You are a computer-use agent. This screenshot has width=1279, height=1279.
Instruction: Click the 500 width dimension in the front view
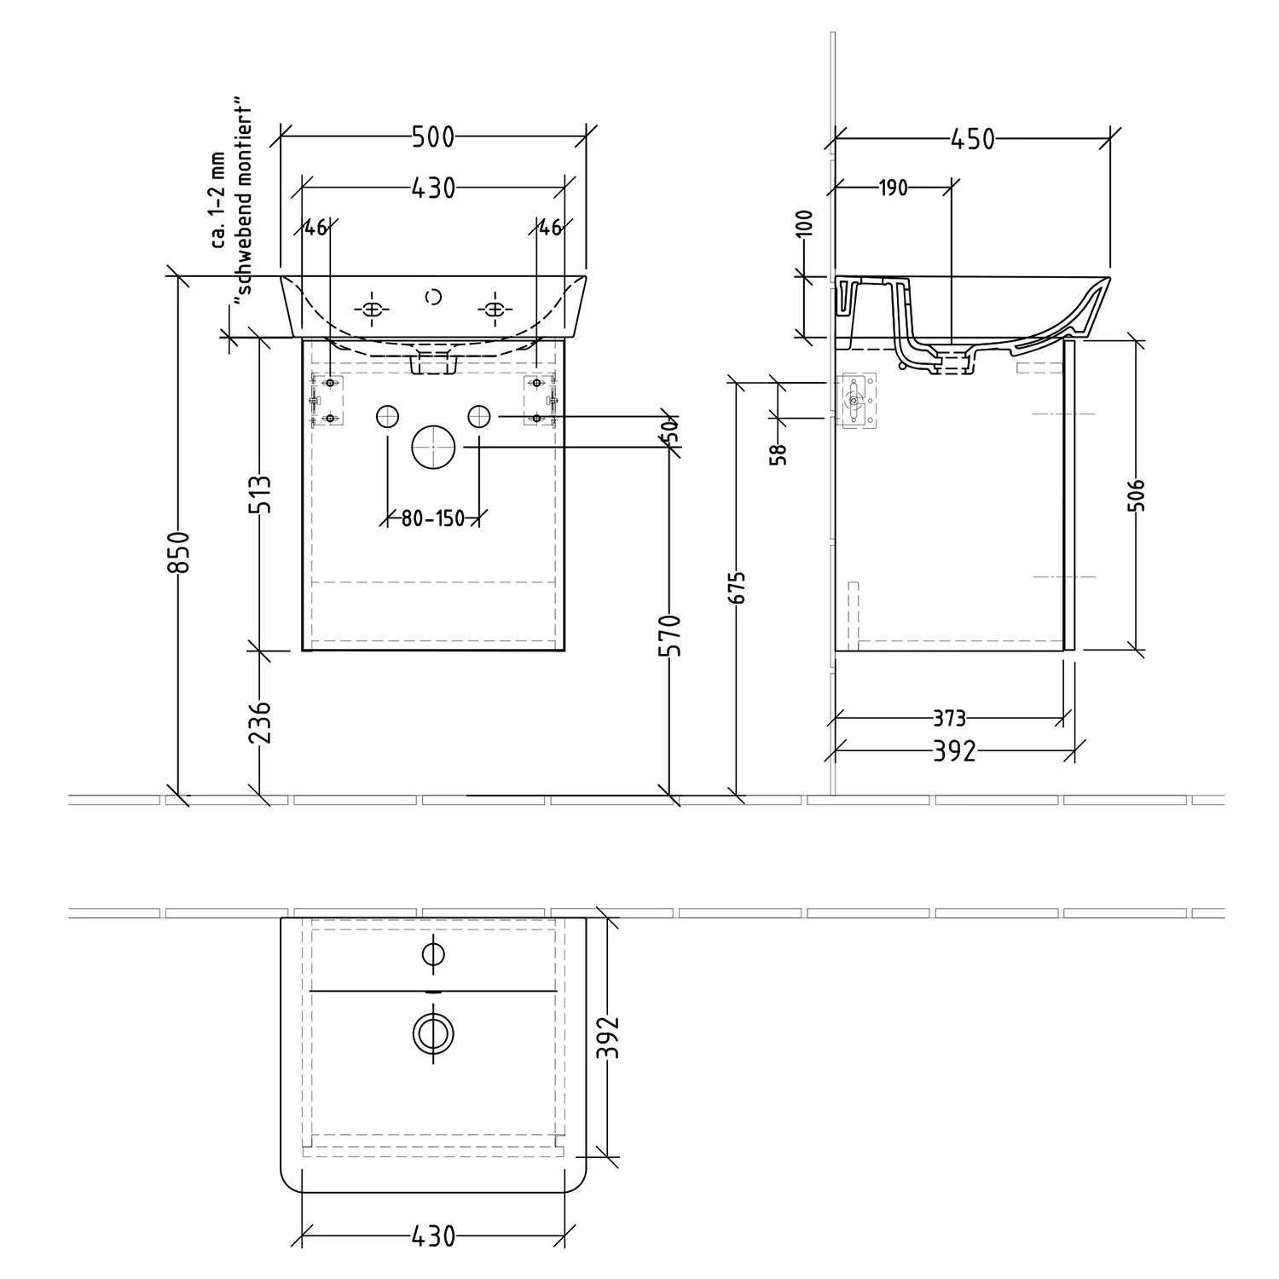tap(433, 136)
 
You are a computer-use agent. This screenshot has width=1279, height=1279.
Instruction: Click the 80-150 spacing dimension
tap(433, 518)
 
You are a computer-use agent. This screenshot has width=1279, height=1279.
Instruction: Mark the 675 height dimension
tap(738, 587)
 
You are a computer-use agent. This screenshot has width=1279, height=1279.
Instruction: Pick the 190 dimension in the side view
tap(893, 188)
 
